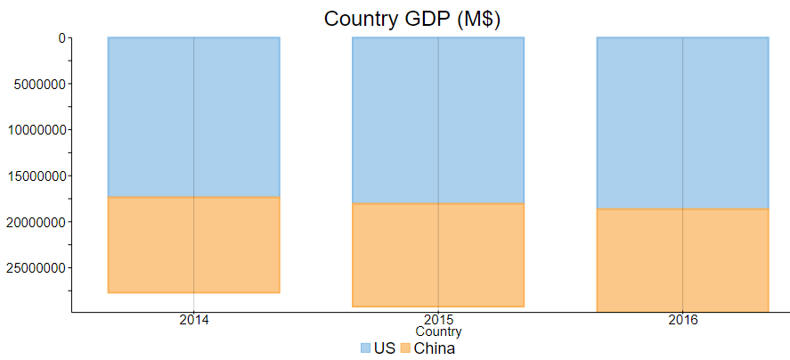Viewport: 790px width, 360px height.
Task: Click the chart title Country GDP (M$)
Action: (412, 19)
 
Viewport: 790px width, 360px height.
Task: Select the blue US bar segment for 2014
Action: (193, 117)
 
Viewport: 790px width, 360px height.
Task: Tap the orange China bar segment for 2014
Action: (193, 244)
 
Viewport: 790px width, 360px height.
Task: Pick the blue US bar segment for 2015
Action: (437, 120)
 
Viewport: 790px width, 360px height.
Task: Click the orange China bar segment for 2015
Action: (437, 255)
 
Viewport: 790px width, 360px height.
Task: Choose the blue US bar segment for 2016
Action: (682, 123)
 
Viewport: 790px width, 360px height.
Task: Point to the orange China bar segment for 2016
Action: (682, 260)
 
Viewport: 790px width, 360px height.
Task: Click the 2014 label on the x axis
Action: (193, 320)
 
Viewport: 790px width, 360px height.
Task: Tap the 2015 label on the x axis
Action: (437, 320)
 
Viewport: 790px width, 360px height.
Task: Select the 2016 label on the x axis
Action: (682, 320)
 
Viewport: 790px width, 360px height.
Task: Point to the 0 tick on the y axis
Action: (61, 38)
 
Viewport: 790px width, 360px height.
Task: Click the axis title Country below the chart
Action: (437, 331)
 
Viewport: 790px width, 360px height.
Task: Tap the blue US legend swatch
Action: (365, 348)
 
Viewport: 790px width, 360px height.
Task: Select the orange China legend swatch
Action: (405, 348)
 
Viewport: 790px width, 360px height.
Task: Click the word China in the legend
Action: (435, 348)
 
